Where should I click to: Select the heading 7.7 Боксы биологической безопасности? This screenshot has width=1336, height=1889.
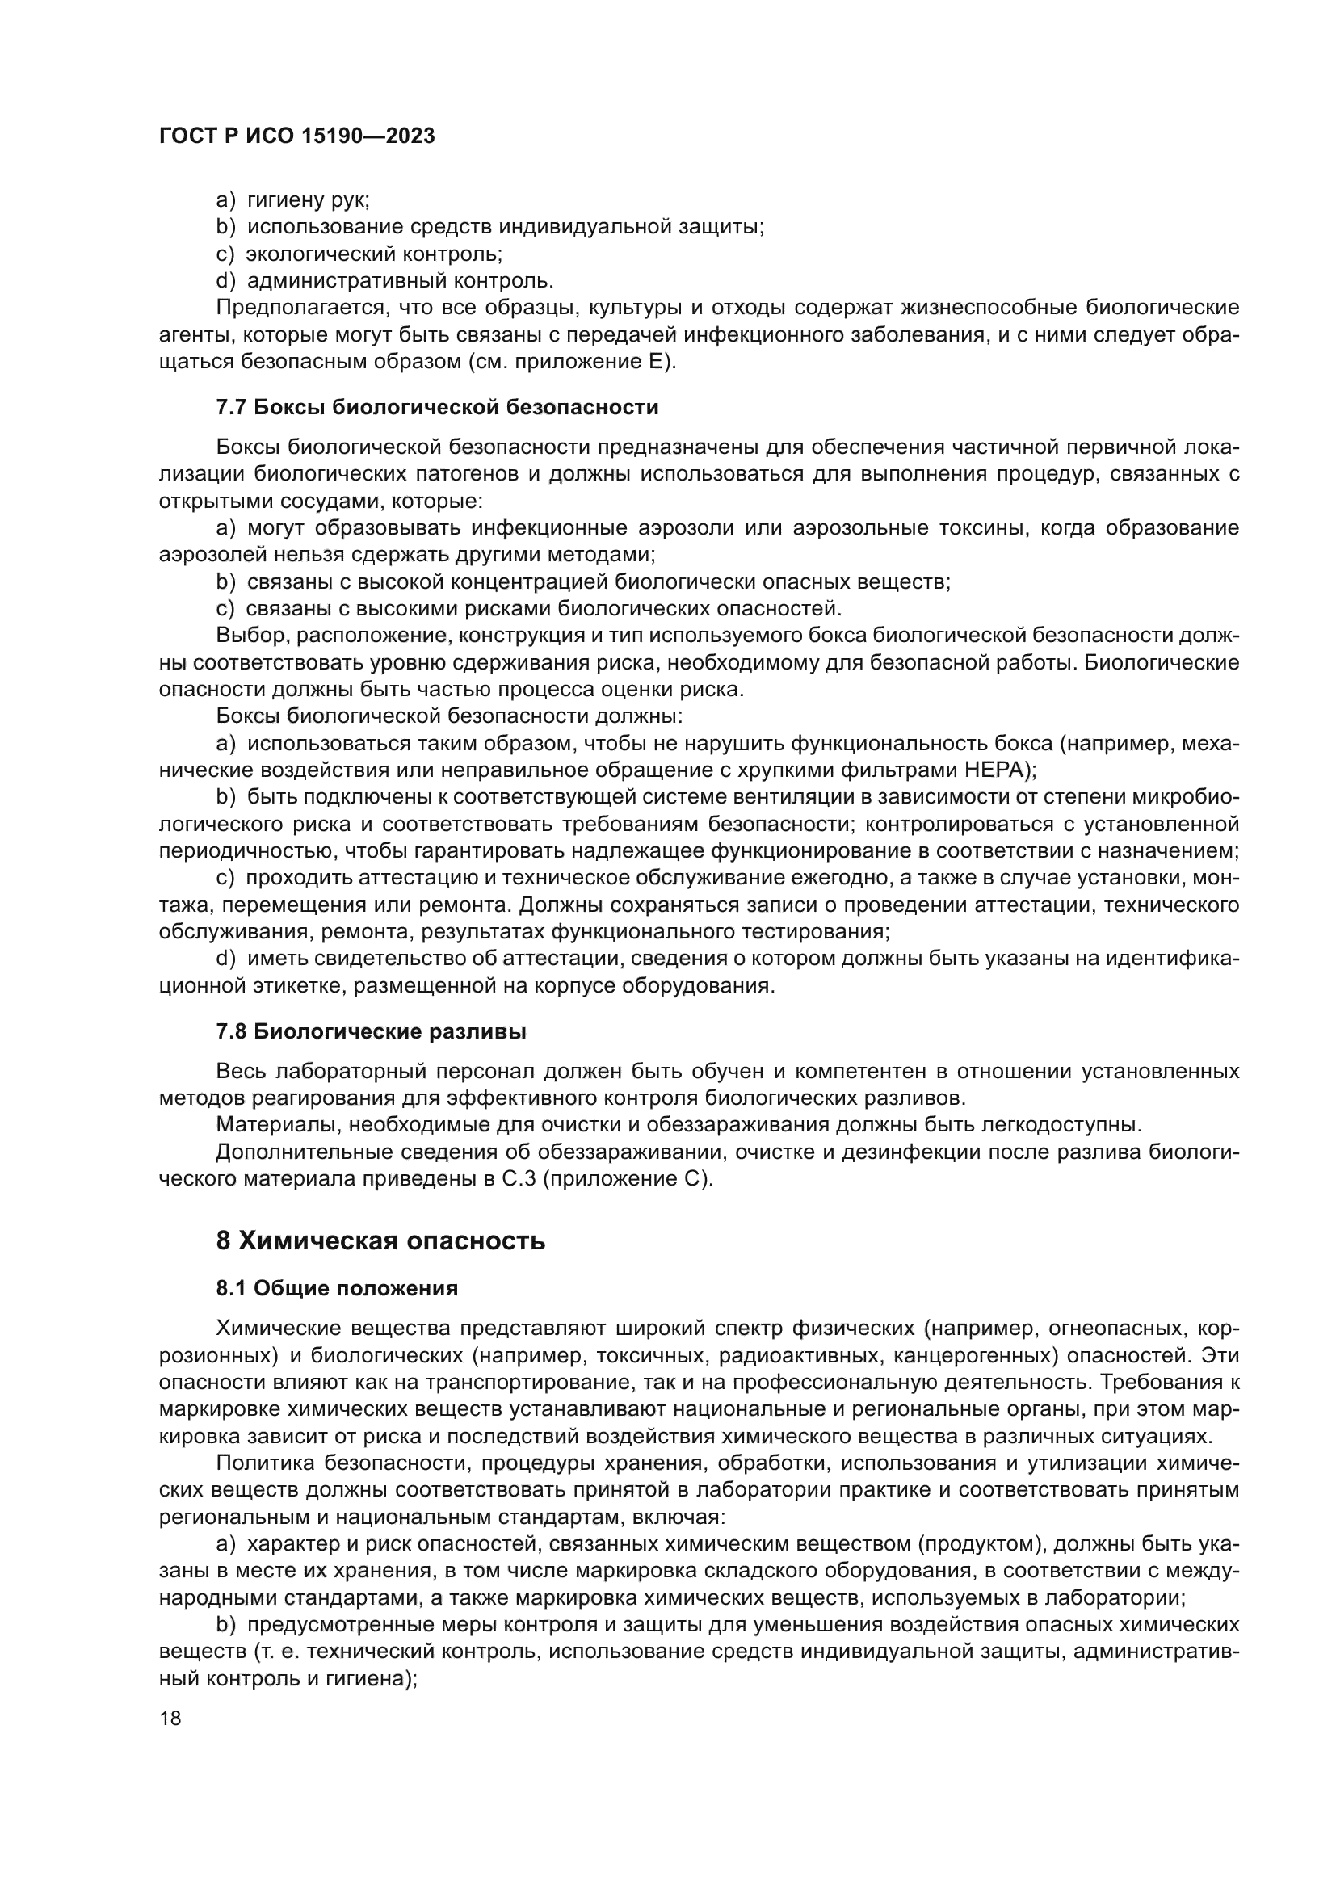[x=437, y=407]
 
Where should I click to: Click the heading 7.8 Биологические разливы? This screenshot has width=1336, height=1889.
[x=371, y=1031]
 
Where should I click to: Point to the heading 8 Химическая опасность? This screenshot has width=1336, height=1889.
[x=380, y=1240]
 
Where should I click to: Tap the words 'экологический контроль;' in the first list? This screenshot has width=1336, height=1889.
[x=374, y=254]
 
